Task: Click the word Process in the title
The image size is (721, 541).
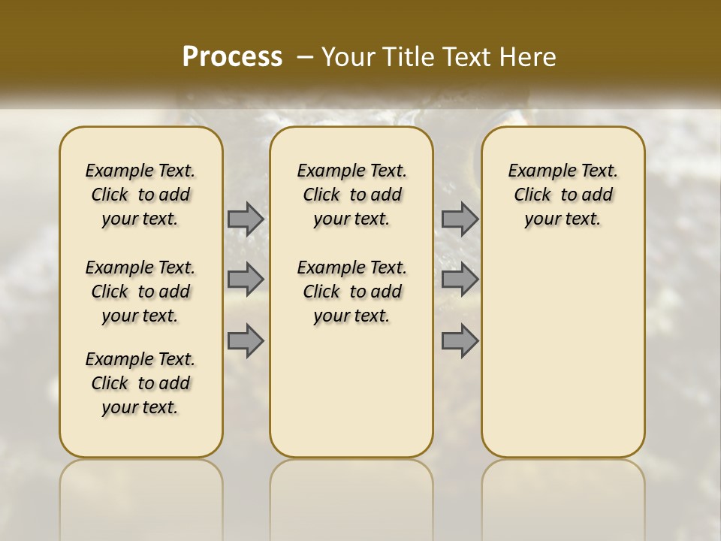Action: (x=232, y=56)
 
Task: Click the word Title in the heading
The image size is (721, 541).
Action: (x=408, y=57)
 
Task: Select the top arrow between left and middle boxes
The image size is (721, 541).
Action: (x=246, y=219)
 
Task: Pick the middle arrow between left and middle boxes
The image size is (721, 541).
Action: (x=246, y=280)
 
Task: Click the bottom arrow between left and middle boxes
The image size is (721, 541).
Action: (x=246, y=341)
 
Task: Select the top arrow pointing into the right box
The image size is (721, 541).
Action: (x=460, y=219)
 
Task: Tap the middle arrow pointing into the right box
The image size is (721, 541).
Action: (x=460, y=280)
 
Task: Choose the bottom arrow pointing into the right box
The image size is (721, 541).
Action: (x=460, y=341)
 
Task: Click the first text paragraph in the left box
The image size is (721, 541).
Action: (x=140, y=195)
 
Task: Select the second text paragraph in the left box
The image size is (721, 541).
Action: (x=140, y=292)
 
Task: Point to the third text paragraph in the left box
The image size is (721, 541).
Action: (x=140, y=383)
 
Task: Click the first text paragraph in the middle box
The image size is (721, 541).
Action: (x=351, y=195)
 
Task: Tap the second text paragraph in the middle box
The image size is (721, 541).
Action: (x=351, y=292)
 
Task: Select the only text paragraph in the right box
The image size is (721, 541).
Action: (x=563, y=195)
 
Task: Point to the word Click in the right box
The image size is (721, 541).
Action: (x=532, y=195)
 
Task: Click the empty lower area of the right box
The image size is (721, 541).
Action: (x=563, y=353)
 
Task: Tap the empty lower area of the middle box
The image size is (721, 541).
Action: (x=351, y=391)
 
